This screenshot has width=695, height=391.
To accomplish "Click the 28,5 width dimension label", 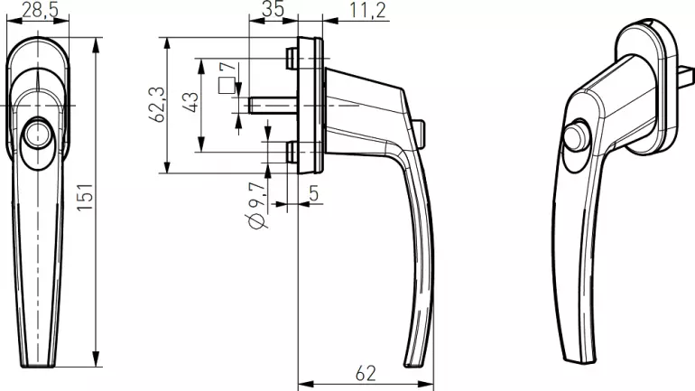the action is (40, 10).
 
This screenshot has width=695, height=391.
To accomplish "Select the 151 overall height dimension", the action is (85, 197).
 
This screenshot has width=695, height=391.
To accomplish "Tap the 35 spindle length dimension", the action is (273, 9).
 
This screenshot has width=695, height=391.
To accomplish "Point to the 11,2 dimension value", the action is (368, 10).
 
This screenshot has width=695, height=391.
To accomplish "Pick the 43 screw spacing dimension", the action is (191, 102).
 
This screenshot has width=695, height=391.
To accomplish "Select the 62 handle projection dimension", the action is (366, 374).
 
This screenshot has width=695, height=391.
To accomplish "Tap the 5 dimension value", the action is (314, 193).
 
